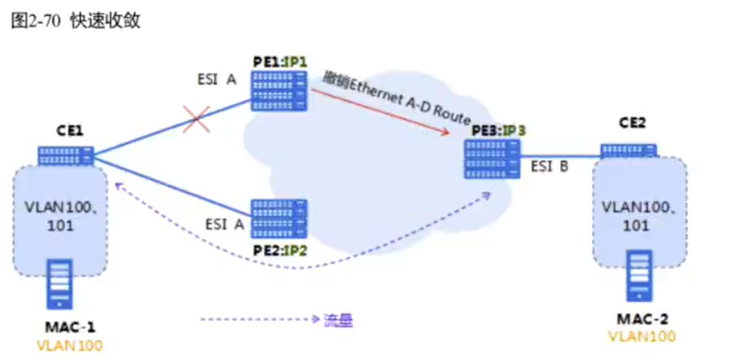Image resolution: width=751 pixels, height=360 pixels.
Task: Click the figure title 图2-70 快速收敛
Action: point(75,21)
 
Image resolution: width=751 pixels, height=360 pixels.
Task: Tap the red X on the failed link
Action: point(197,121)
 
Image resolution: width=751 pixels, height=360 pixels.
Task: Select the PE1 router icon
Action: point(280,90)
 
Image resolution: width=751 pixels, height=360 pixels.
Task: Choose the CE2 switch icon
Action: point(628,150)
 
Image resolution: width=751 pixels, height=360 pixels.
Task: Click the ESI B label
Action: point(550,167)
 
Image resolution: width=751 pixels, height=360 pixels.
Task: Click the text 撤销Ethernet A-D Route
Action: point(396,97)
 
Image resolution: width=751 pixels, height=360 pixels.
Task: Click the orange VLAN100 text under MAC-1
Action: point(69,346)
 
